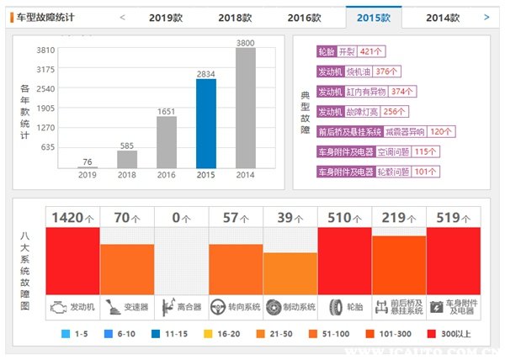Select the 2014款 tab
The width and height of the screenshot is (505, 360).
[442, 17]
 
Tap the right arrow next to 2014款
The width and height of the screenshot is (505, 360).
[486, 17]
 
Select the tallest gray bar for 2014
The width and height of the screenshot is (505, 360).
[245, 108]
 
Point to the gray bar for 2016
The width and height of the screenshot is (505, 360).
[166, 142]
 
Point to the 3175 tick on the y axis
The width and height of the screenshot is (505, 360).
[45, 69]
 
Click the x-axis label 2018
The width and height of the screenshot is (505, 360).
[127, 176]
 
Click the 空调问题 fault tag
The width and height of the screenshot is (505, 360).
[395, 151]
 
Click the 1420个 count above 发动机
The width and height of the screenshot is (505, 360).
[72, 218]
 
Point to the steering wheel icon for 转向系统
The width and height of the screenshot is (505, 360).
[220, 306]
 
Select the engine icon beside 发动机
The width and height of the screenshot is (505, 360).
[57, 306]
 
